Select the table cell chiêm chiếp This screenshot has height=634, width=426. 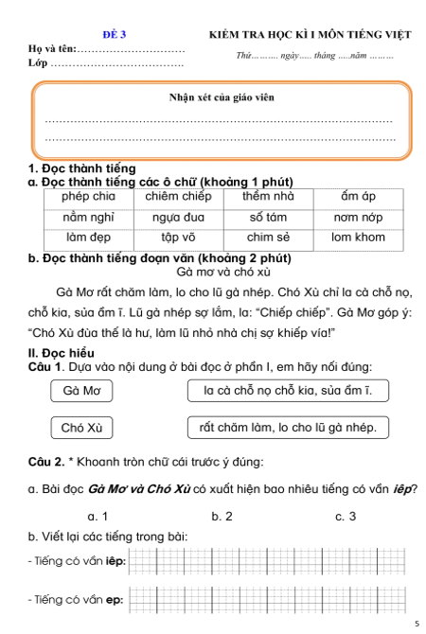[x=178, y=197]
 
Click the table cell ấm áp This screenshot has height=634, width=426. [x=358, y=197]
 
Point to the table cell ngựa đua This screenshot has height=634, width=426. [x=178, y=218]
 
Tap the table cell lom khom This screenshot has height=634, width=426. [x=358, y=238]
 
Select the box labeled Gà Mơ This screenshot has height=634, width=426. [x=81, y=390]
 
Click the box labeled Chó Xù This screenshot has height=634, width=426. [x=81, y=428]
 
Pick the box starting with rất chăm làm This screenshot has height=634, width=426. [x=288, y=428]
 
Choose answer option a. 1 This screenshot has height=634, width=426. [x=97, y=516]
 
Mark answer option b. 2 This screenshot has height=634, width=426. [x=222, y=516]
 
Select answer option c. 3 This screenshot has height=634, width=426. [x=346, y=516]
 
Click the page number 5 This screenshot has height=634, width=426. [x=416, y=625]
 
